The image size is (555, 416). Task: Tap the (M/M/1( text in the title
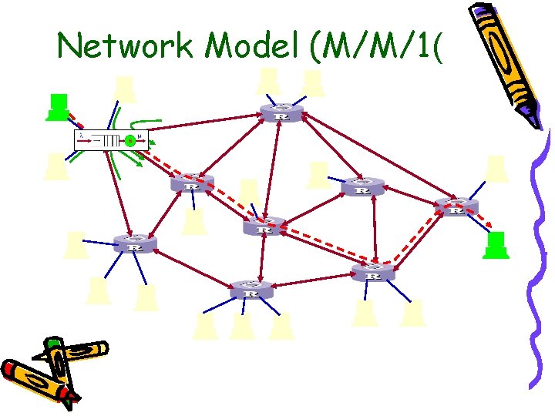tap(373, 47)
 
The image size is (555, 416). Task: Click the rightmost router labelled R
tap(456, 206)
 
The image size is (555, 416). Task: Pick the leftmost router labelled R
tap(135, 243)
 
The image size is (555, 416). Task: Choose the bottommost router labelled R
tap(251, 290)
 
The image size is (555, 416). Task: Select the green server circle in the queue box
tap(130, 141)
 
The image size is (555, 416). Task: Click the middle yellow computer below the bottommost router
tap(242, 326)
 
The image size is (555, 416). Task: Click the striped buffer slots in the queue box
tap(113, 141)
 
